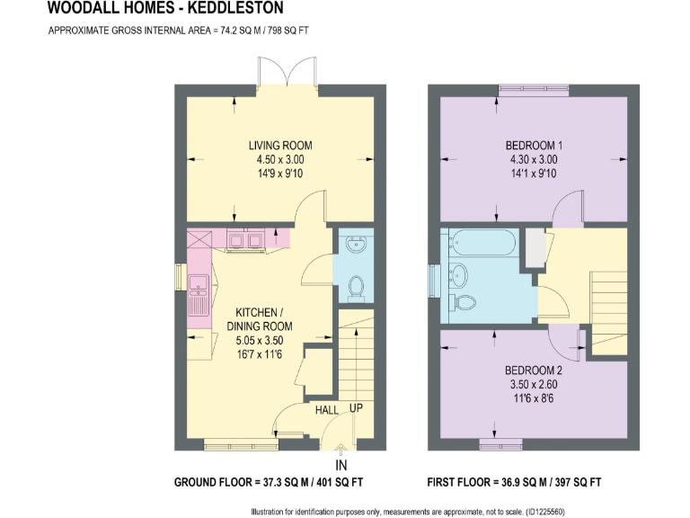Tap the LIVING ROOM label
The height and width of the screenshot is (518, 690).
280,146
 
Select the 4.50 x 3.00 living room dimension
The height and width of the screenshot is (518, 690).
280,160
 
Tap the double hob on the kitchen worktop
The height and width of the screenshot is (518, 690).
245,239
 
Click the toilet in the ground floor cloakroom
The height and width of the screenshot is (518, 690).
357,287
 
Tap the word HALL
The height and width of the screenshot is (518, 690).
325,410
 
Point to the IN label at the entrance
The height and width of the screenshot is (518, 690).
341,465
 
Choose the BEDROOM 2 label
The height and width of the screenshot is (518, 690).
533,371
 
